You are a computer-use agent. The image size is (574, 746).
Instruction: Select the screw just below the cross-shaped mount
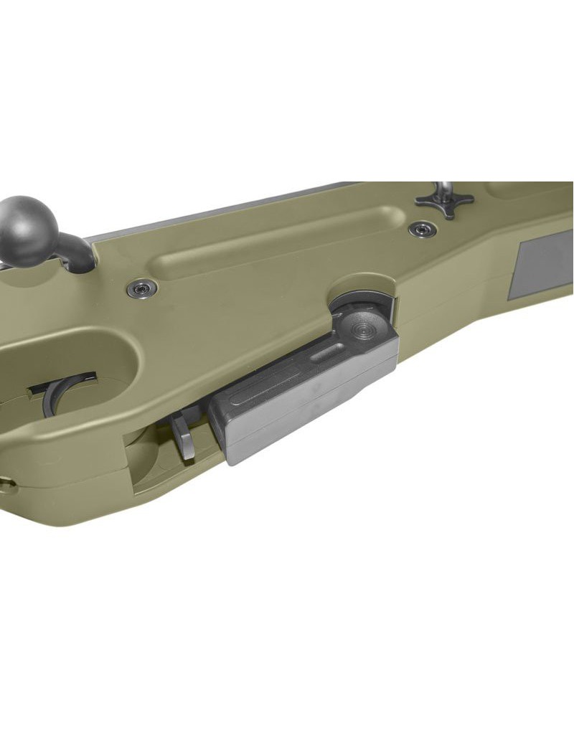pyautogui.click(x=422, y=230)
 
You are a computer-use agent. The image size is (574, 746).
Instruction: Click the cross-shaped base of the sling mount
pyautogui.click(x=444, y=202)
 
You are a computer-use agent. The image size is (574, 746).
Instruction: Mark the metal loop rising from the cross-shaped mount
pyautogui.click(x=447, y=189)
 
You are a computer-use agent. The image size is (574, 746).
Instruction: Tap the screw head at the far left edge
pyautogui.click(x=6, y=484)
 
